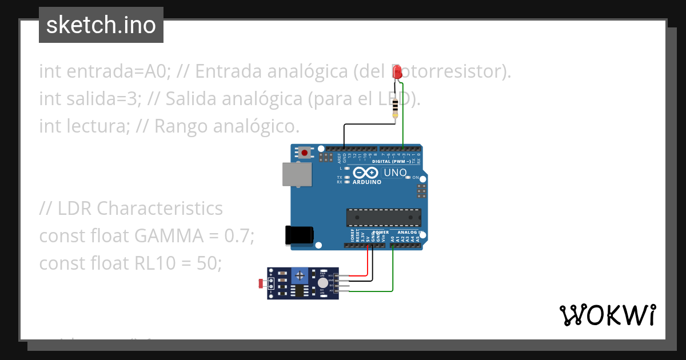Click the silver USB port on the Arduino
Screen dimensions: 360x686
tap(297, 174)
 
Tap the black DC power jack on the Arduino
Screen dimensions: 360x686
tap(299, 235)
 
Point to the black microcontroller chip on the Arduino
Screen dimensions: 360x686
tap(383, 218)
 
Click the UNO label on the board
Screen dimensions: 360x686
tap(394, 172)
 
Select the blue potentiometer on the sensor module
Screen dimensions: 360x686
tap(298, 277)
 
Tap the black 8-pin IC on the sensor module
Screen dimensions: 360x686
tap(298, 291)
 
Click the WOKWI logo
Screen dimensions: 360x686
tap(607, 315)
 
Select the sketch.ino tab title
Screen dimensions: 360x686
tap(101, 25)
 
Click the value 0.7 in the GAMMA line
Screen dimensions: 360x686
tap(240, 235)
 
